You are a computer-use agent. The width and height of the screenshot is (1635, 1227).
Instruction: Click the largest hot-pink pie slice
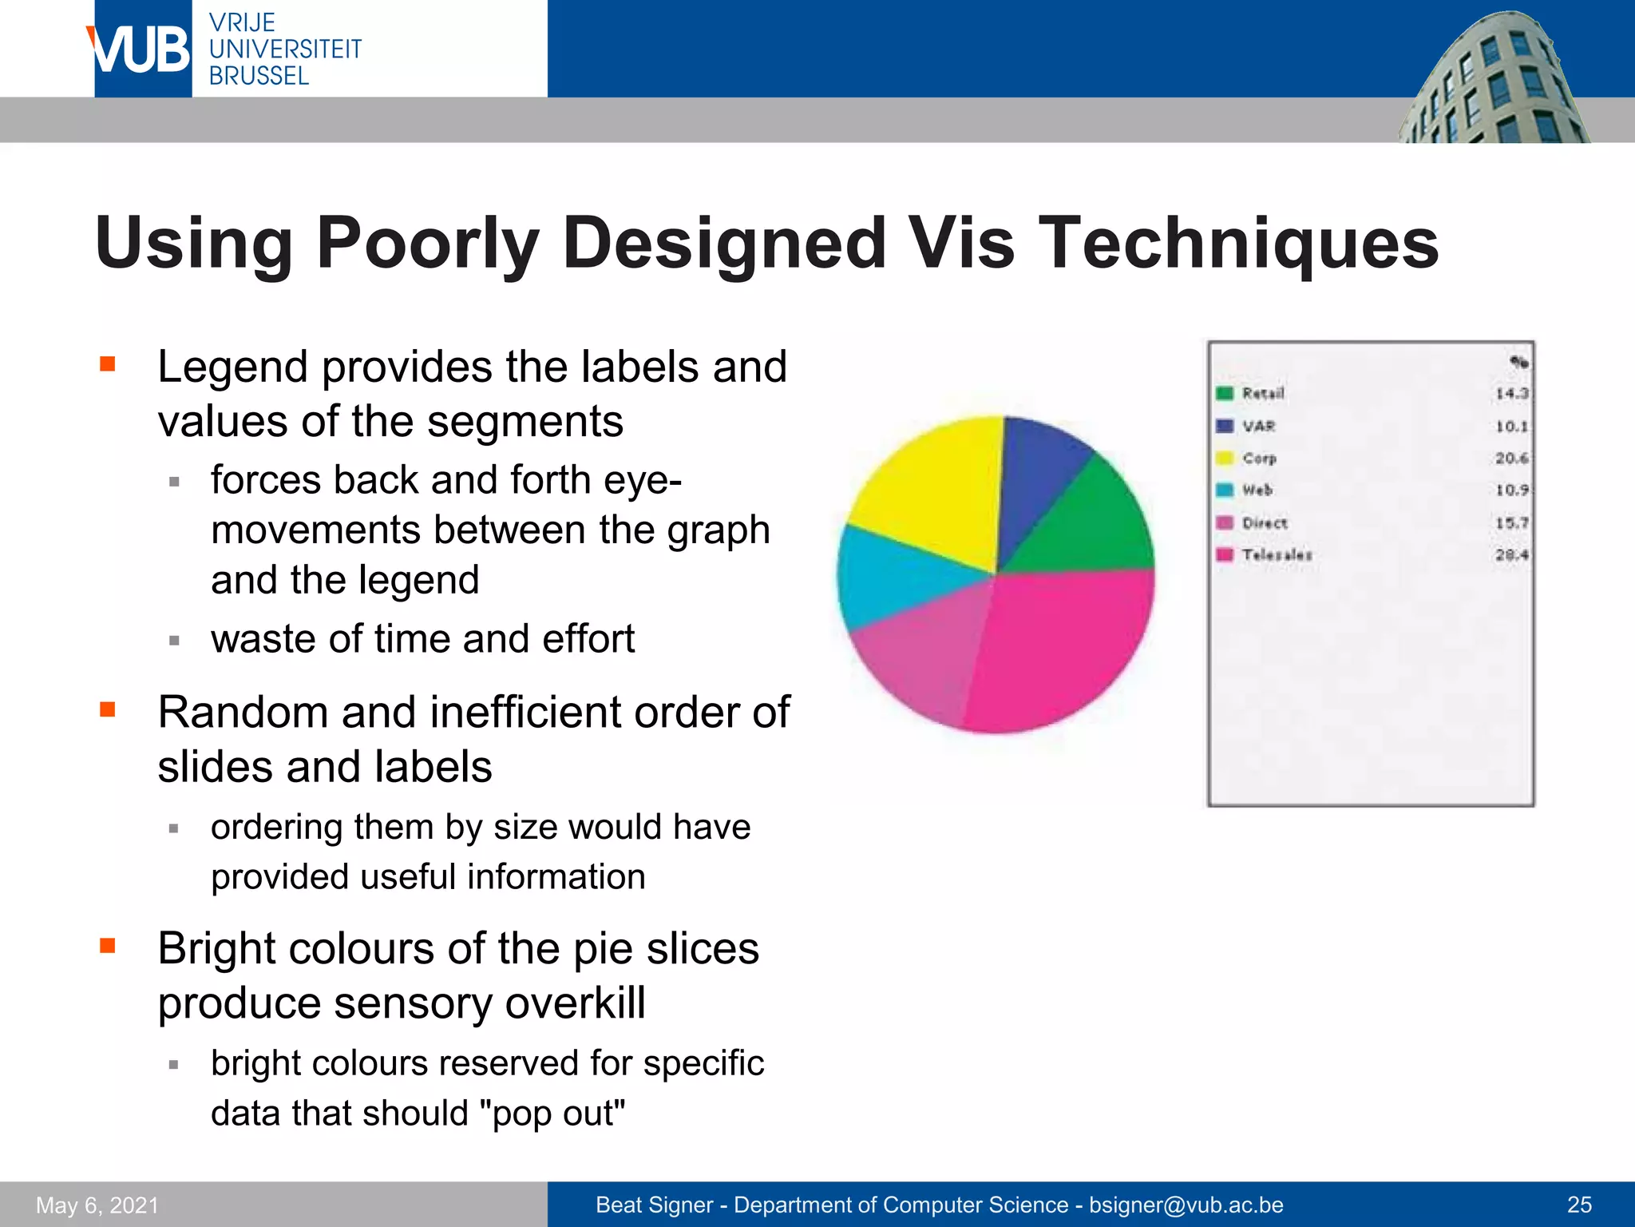coord(1062,647)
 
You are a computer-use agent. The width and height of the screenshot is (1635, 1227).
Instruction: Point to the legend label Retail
coord(1263,393)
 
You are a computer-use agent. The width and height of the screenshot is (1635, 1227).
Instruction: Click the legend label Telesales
coord(1277,554)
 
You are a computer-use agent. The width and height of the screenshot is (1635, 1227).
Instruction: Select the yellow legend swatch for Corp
coord(1224,458)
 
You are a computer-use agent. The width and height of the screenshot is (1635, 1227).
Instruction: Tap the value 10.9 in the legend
coord(1511,490)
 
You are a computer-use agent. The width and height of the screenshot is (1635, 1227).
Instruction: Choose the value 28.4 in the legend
coord(1511,554)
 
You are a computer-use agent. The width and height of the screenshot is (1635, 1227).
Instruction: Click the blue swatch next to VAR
coord(1224,426)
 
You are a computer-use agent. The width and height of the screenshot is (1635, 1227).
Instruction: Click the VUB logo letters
coord(141,50)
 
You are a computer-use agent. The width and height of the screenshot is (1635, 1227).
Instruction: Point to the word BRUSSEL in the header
coord(259,76)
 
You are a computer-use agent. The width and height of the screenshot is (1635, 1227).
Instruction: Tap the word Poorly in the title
coord(428,243)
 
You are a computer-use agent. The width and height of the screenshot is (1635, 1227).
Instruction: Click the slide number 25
coord(1579,1205)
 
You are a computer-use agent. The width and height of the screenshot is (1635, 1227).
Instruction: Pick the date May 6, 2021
coord(97,1205)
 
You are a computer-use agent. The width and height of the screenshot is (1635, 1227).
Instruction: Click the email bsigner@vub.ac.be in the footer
coord(1186,1205)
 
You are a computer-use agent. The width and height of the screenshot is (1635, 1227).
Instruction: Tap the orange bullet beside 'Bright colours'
coord(108,946)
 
